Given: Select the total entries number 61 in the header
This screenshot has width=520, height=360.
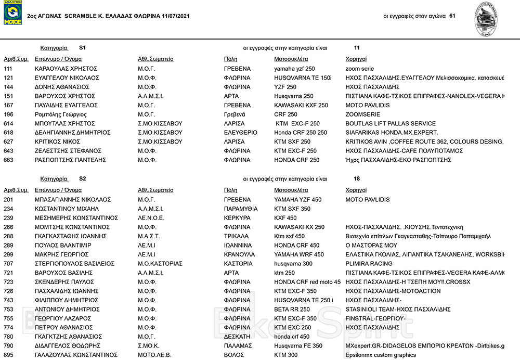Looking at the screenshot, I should tap(452, 16).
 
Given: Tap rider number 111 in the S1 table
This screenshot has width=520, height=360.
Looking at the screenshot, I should tap(8, 69).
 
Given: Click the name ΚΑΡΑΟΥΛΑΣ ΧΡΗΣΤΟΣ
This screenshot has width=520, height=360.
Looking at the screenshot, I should tap(66, 69).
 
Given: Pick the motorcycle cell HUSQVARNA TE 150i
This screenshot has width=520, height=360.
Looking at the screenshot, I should tap(303, 78).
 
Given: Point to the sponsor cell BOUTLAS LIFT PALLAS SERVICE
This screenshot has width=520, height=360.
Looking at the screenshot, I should tap(391, 124).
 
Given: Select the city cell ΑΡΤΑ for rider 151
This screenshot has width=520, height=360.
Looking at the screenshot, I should tap(231, 96).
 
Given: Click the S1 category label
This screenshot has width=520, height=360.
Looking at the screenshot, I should tap(82, 47).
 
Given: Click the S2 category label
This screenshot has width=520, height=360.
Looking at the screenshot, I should tap(82, 178).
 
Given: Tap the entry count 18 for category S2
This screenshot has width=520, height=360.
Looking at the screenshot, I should tap(357, 178).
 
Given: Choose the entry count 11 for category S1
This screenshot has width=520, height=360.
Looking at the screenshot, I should tap(356, 47).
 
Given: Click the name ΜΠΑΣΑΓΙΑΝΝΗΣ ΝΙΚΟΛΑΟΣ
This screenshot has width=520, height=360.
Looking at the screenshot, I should tap(73, 200).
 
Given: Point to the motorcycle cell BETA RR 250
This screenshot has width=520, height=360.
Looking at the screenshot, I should tap(293, 310).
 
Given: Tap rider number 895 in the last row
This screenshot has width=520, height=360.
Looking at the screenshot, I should tap(8, 355).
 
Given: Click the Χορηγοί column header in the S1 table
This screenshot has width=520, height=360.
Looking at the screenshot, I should tap(356, 59).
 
